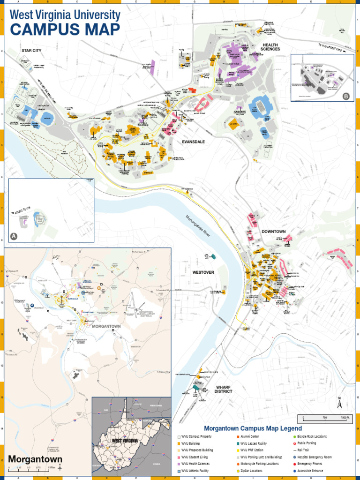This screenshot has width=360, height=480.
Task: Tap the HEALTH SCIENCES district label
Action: [270, 47]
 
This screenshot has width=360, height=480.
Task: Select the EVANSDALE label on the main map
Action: [194, 141]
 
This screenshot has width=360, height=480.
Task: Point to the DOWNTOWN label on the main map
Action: [273, 232]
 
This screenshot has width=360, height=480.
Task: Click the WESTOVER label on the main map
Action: [203, 272]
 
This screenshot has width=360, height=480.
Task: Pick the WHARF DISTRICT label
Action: [224, 389]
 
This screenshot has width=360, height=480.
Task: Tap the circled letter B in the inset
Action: [346, 97]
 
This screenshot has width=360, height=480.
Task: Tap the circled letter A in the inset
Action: [14, 236]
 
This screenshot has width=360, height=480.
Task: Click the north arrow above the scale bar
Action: [339, 403]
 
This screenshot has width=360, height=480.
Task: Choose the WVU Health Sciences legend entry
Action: [195, 464]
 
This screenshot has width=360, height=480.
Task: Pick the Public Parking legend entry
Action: [306, 443]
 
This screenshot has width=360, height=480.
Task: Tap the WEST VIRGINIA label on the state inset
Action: [124, 441]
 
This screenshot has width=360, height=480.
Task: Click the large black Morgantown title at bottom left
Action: [35, 459]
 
